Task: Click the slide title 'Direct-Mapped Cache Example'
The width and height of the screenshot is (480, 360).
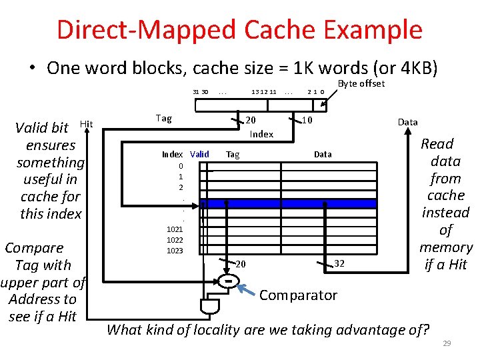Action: click(239, 30)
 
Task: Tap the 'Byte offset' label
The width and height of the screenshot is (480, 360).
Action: click(361, 83)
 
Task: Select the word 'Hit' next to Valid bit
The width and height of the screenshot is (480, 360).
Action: click(86, 123)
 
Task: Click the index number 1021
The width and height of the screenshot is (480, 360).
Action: click(175, 229)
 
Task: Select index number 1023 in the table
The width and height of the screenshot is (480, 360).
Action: click(175, 251)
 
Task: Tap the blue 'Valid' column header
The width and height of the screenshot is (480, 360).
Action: click(199, 154)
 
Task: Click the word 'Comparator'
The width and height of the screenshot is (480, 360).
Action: click(298, 295)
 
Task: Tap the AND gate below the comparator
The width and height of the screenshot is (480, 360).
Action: click(209, 307)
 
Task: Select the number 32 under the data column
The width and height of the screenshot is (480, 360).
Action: click(340, 263)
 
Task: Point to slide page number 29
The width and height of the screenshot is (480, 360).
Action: click(448, 343)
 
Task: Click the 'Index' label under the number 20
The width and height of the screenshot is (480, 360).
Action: click(261, 134)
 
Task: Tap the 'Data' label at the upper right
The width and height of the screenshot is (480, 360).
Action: click(407, 122)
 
